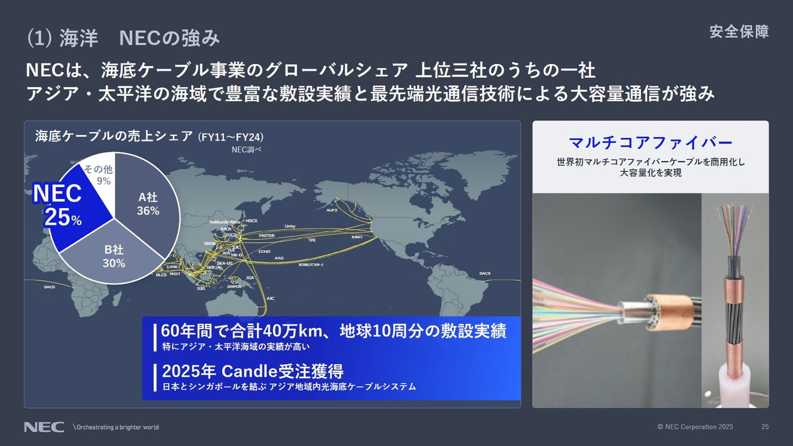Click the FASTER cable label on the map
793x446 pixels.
(266, 235)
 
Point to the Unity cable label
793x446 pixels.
(289, 226)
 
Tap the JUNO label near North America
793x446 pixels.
(357, 237)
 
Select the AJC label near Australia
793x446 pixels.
(270, 298)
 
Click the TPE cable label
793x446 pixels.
(312, 241)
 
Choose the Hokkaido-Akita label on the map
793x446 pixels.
(223, 222)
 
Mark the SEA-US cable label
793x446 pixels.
(225, 263)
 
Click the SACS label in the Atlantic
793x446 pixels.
(485, 273)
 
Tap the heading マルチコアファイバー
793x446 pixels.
(650, 142)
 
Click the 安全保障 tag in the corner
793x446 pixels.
(739, 32)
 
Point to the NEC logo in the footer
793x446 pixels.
(44, 427)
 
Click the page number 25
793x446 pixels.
(765, 427)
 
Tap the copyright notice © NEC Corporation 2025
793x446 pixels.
(695, 427)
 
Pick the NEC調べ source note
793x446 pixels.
(246, 149)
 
